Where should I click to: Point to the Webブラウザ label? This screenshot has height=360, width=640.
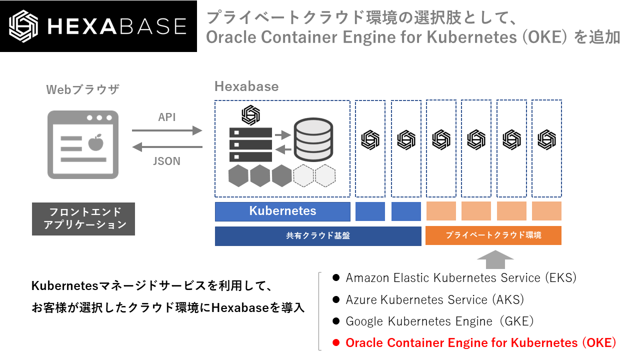83,89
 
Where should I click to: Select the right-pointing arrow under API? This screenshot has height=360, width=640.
167,130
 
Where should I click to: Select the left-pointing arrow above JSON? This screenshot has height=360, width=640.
167,147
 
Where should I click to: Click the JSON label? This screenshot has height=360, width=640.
166,161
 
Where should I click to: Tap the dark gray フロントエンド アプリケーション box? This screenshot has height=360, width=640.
83,218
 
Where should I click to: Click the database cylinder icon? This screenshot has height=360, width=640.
312,138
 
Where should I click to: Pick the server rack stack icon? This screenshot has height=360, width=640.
250,144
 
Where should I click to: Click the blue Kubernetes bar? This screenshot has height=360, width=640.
282,211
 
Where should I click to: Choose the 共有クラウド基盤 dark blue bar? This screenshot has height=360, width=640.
318,235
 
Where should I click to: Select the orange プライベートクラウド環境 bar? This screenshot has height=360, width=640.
493,235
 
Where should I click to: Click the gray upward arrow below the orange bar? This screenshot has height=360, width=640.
495,260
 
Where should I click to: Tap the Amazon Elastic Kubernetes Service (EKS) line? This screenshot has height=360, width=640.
460,277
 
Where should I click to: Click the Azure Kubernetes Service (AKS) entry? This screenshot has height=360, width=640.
434,299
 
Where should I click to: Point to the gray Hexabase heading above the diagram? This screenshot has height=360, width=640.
246,86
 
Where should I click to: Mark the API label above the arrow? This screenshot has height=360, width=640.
167,117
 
